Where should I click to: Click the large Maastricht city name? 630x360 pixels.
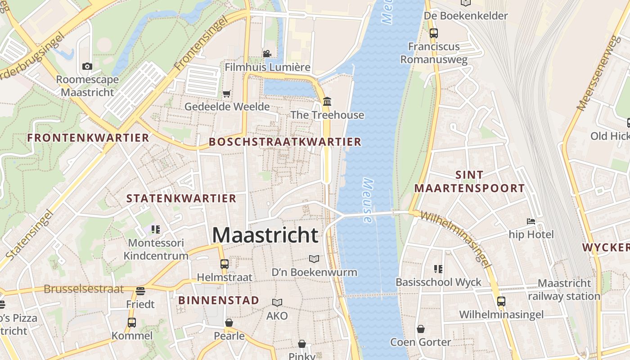265,235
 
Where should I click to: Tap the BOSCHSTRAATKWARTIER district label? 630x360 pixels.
285,142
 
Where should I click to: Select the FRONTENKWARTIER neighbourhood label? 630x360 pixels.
88,138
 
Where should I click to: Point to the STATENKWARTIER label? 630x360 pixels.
181,198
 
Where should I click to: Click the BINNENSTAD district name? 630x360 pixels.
219,300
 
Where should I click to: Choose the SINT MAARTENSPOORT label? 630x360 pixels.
469,181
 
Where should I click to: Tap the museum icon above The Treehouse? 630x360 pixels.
327,102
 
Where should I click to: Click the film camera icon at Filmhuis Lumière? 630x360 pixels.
267,54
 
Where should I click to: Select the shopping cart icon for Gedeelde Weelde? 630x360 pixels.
227,94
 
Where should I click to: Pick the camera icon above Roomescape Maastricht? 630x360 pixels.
87,67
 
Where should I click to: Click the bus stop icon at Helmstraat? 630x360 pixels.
225,264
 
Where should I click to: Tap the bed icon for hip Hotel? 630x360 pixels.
531,221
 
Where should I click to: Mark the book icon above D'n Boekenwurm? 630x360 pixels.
314,259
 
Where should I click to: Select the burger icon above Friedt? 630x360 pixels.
140,291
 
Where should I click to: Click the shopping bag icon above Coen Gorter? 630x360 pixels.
420,329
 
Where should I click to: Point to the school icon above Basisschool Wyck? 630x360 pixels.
438,269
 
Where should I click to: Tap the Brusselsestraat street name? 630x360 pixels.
84,289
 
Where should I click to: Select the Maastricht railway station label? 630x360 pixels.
564,290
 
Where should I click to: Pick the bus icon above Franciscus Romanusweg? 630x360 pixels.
434,33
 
